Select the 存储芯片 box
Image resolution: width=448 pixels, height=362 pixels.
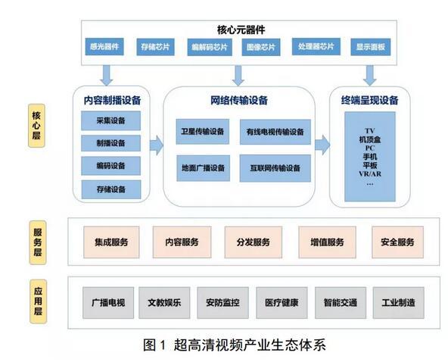pos(154,46)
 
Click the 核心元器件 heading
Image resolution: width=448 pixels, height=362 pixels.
pos(240,30)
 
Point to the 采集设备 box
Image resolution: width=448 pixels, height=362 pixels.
pos(111,120)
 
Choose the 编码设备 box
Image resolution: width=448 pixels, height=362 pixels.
pos(111,166)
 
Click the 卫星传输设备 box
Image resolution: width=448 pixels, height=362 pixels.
pos(203,131)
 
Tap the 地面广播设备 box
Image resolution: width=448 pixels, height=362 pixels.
pos(203,167)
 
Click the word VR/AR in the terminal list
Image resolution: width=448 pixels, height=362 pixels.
pos(370,173)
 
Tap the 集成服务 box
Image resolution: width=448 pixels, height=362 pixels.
pos(111,242)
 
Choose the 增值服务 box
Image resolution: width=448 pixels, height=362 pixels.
pos(327,242)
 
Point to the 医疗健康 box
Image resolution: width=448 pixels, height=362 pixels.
pos(282,303)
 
